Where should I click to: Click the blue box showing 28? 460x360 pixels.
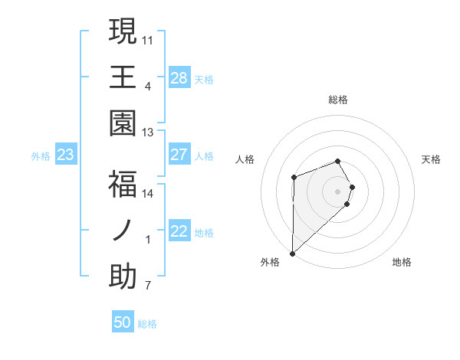click(179, 78)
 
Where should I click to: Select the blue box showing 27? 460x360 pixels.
click(179, 155)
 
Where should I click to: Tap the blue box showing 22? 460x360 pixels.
click(179, 232)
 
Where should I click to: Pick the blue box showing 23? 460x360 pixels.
click(65, 155)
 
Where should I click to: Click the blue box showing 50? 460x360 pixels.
click(123, 322)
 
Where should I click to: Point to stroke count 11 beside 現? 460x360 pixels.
click(149, 39)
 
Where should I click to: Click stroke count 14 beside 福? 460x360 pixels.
click(148, 193)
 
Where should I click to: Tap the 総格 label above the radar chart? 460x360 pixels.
click(338, 100)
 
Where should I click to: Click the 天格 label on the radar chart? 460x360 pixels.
click(432, 159)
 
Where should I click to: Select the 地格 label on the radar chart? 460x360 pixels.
click(402, 262)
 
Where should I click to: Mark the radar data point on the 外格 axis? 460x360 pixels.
click(292, 253)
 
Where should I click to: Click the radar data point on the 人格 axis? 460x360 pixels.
click(294, 177)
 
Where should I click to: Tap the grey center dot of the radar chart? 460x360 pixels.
click(338, 191)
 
